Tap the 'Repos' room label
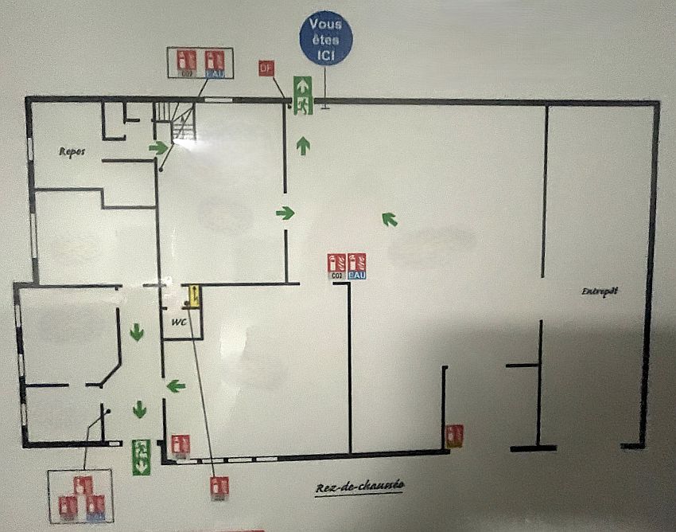coord(72,151)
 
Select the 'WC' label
coord(179,323)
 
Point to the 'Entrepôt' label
coord(600,292)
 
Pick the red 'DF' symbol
coord(266,68)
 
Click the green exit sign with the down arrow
coord(141,456)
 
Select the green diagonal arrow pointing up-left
coord(389,218)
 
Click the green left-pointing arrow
coord(176,386)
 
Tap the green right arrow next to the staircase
coord(159,147)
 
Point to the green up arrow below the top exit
coord(303,145)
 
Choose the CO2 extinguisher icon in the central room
coord(337,265)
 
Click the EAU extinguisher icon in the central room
coord(357,265)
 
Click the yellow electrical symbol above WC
coord(192,297)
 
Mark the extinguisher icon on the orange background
coord(454,435)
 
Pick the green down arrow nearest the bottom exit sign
coord(140,409)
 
